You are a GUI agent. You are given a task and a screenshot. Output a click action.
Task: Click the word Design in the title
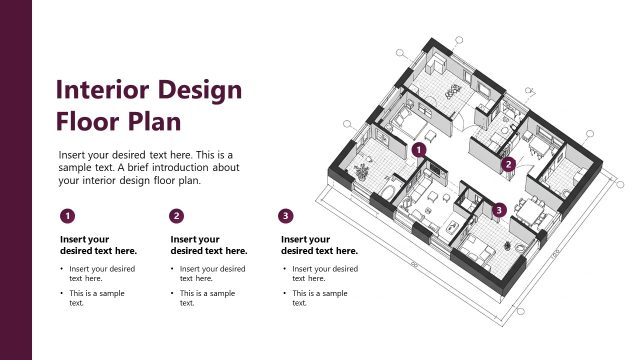coord(199,90)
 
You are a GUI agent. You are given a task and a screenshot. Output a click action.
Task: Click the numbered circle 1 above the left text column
coord(66,215)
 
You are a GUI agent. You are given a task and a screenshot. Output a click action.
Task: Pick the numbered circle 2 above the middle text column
coord(177,215)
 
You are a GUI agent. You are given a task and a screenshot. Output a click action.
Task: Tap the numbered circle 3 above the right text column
coord(287,215)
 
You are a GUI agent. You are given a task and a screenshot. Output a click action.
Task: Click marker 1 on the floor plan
coord(419,150)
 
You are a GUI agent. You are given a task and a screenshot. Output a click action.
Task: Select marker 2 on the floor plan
coord(508,164)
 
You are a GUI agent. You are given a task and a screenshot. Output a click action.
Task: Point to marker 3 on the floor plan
coord(500,209)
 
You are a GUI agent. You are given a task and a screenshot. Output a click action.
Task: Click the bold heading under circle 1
coord(98,245)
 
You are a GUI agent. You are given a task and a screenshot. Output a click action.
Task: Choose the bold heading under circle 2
coord(209,245)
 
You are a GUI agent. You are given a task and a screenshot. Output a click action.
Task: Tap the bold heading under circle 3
coord(319,245)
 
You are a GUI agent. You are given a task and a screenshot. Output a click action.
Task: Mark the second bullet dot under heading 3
coord(284,294)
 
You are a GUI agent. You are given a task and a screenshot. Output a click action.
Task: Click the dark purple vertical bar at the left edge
coord(16,180)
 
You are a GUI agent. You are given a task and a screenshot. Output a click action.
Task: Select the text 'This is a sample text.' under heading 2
coord(208,298)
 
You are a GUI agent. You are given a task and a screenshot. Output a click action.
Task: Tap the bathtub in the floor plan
coord(385,190)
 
